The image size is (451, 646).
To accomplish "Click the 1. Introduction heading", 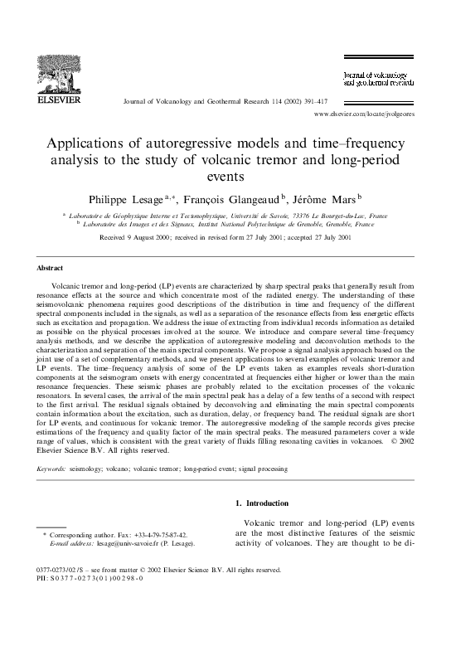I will (x=263, y=503).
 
